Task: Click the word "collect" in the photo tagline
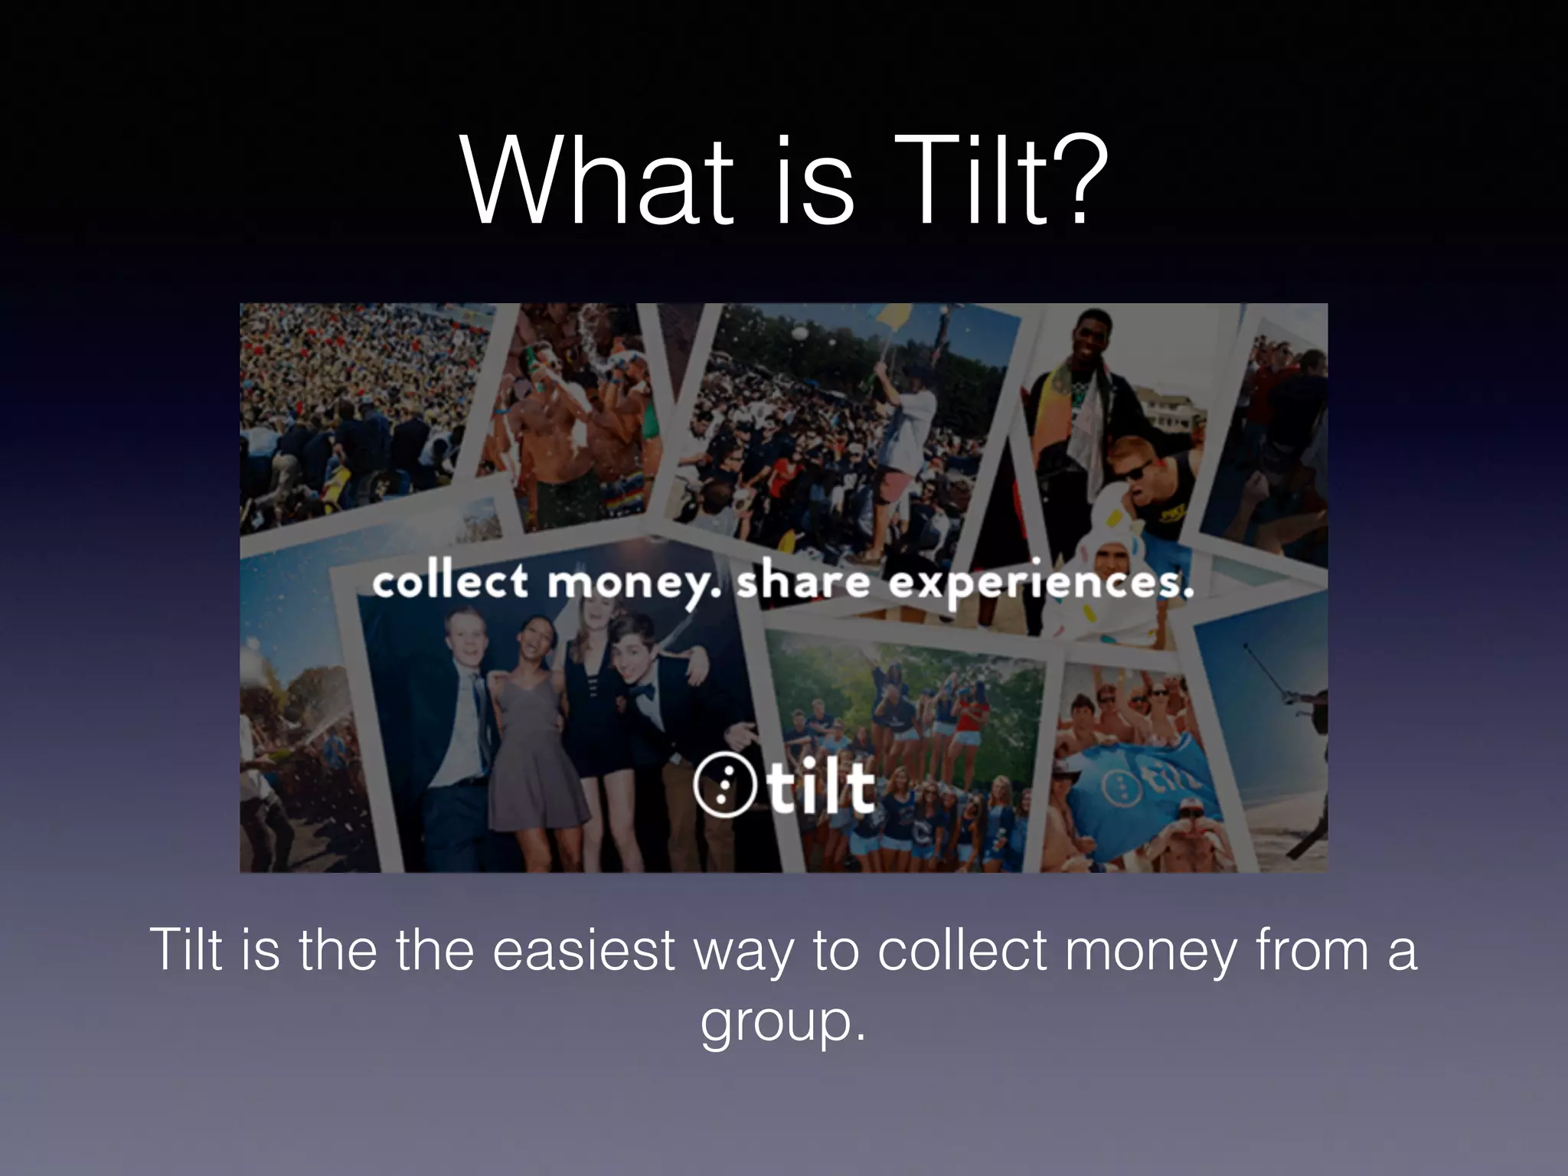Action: coord(450,582)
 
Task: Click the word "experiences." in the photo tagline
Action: coord(1041,585)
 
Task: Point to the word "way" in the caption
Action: coord(743,954)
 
